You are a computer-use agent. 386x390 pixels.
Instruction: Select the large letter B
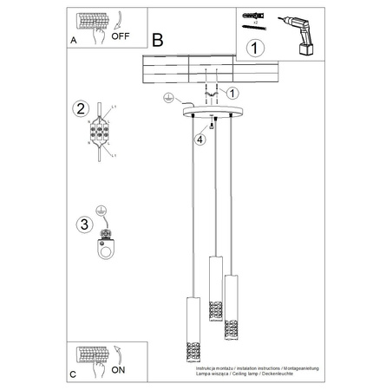(x=157, y=40)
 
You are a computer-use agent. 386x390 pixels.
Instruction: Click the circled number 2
(x=80, y=109)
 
